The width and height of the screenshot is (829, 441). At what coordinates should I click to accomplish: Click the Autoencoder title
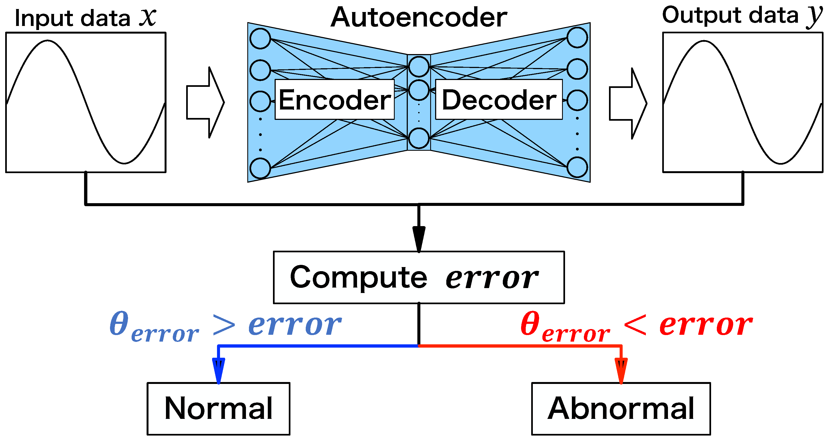[419, 17]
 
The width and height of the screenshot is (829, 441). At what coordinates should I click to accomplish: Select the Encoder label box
[334, 100]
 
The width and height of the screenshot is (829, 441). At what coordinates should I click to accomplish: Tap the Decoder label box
[498, 100]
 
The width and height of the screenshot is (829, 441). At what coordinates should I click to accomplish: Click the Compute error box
[419, 277]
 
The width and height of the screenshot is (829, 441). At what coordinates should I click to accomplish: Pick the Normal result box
[219, 409]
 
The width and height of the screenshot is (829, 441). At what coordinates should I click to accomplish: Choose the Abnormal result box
[621, 409]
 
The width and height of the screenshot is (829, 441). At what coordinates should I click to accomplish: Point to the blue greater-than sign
[224, 325]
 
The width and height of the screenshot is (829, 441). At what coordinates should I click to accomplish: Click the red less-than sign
[635, 325]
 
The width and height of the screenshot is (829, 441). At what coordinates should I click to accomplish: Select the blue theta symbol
[119, 323]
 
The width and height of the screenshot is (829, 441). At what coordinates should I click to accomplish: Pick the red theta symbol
[530, 323]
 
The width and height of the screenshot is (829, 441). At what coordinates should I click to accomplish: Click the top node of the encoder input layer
[260, 39]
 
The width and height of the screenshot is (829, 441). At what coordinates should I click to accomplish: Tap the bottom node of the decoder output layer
[577, 167]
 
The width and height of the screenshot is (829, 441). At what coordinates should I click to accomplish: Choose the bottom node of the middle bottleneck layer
[419, 138]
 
